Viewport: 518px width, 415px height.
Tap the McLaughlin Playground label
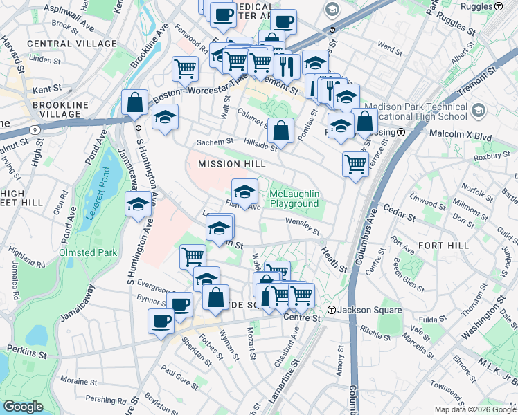[294, 199]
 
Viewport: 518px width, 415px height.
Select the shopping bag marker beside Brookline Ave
[134, 102]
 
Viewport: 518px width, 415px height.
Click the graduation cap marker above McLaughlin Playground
[244, 191]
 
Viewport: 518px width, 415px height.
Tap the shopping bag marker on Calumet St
[280, 129]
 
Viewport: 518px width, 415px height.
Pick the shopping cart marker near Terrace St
[355, 165]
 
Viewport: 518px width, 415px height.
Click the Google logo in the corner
[24, 407]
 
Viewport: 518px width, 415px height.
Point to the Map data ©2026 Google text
[475, 409]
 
